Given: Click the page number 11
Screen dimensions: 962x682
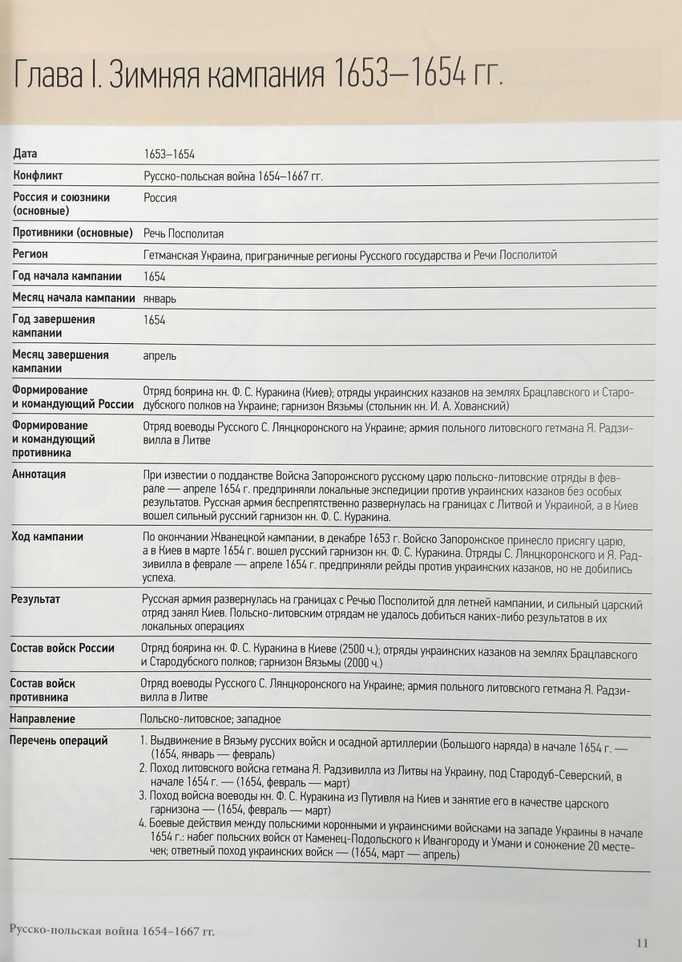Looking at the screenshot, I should (x=643, y=942).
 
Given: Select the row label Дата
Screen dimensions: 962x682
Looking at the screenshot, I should (x=25, y=154).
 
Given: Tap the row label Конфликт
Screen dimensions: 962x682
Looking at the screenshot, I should (x=38, y=175).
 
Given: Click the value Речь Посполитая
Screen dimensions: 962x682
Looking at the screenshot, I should (x=183, y=233).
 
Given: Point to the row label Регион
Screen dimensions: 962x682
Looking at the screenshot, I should (x=30, y=254).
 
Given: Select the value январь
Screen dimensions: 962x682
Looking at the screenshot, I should (x=159, y=299).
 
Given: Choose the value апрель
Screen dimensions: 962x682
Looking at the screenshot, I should (x=159, y=356).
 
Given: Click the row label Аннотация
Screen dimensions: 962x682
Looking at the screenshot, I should (x=39, y=474).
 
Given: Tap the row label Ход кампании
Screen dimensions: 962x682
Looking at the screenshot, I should (x=47, y=537).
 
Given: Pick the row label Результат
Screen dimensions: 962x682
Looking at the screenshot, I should (x=35, y=599).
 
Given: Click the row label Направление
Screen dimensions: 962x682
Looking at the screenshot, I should (x=42, y=719).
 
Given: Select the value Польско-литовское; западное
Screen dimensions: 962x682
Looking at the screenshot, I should (x=211, y=719).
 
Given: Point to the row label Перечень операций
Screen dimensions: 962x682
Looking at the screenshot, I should (x=59, y=741).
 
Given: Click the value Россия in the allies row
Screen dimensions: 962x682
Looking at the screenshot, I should (x=160, y=197).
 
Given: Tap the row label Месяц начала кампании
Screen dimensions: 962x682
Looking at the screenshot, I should (x=73, y=298).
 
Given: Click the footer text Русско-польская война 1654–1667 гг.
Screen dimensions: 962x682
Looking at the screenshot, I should (x=111, y=930).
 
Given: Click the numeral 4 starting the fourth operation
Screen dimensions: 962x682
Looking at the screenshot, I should (x=141, y=821).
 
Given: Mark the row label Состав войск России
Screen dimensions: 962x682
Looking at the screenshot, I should (x=63, y=648).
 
